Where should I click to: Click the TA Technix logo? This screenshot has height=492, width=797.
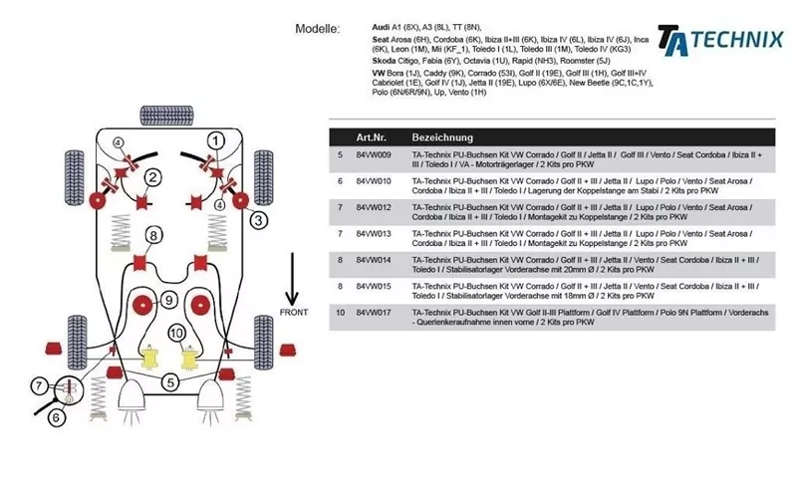pyautogui.click(x=719, y=39)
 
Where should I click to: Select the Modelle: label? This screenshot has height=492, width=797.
pyautogui.click(x=318, y=29)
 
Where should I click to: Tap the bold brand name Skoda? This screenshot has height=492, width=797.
pyautogui.click(x=387, y=61)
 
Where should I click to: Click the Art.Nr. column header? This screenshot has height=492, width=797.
pyautogui.click(x=372, y=137)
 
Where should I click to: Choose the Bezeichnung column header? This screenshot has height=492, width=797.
pyautogui.click(x=442, y=137)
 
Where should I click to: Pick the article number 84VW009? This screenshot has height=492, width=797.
pyautogui.click(x=374, y=155)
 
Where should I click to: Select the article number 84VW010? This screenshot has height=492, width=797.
pyautogui.click(x=374, y=181)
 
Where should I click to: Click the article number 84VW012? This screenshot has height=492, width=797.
pyautogui.click(x=374, y=207)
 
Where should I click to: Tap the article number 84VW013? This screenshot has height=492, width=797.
pyautogui.click(x=374, y=233)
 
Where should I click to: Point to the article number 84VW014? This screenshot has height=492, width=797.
pyautogui.click(x=374, y=259)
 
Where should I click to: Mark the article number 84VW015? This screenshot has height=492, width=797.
pyautogui.click(x=374, y=285)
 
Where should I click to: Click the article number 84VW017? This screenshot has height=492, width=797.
pyautogui.click(x=374, y=312)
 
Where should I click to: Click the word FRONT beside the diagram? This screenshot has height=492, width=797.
pyautogui.click(x=292, y=313)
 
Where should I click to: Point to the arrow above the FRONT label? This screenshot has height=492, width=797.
pyautogui.click(x=292, y=279)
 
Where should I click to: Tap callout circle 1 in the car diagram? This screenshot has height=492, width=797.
pyautogui.click(x=215, y=139)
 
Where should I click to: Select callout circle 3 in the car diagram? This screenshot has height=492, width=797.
pyautogui.click(x=258, y=219)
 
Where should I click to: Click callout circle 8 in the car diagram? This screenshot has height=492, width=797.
pyautogui.click(x=153, y=235)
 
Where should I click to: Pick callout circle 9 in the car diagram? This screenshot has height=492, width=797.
pyautogui.click(x=168, y=300)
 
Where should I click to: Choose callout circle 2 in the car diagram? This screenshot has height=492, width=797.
pyautogui.click(x=152, y=178)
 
